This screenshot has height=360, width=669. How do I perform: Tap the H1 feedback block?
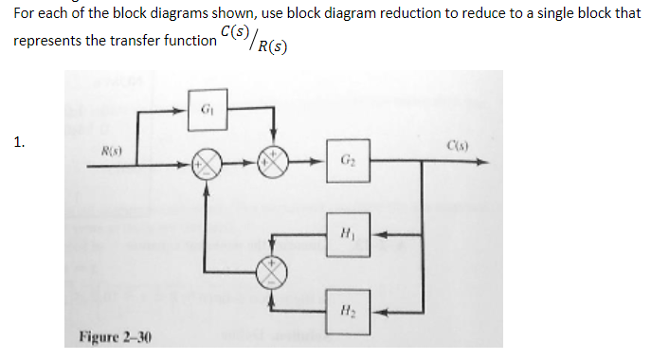click(346, 234)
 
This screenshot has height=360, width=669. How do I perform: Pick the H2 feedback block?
click(346, 306)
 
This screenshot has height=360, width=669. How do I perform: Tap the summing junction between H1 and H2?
click(275, 271)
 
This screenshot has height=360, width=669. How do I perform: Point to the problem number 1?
click(20, 143)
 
